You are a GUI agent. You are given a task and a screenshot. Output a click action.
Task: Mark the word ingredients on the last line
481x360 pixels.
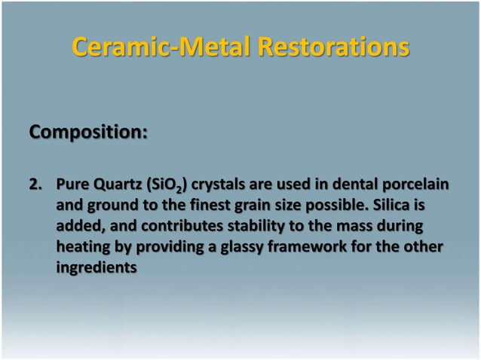[x=97, y=266]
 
